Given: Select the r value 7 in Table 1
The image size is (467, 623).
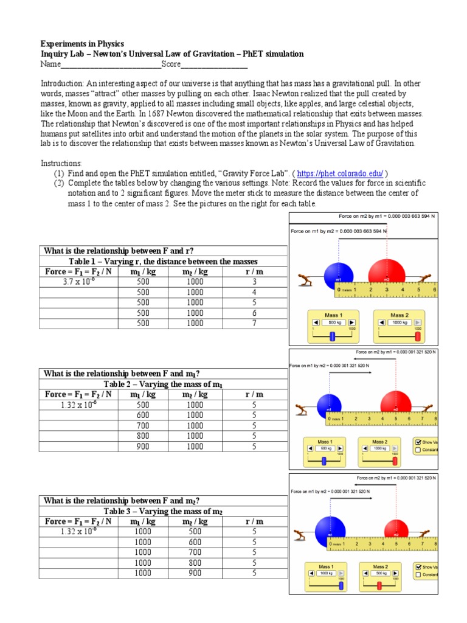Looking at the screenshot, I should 254,323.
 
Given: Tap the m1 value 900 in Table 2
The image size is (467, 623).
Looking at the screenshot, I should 143,446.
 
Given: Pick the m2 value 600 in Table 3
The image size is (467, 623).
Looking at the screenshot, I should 195,542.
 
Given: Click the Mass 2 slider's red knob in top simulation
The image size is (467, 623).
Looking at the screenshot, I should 418,335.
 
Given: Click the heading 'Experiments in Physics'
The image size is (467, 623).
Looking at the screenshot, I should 82,44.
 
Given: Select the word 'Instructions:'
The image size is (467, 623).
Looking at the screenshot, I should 60,164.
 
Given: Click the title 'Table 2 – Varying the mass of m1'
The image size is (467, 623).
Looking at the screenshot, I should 163,384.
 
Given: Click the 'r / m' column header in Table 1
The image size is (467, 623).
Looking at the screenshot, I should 254,271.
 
